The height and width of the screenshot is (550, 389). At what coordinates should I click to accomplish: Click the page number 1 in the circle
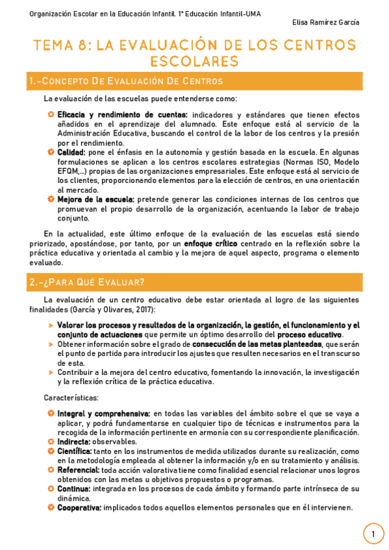click(x=373, y=534)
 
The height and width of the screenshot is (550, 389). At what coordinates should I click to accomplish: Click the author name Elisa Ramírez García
click(x=326, y=23)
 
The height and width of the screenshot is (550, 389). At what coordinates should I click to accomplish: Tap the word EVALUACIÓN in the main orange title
click(x=166, y=45)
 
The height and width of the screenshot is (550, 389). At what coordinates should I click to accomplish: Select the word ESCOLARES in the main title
click(x=194, y=62)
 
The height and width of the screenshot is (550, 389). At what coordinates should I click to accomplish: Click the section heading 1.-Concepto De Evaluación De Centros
click(x=126, y=81)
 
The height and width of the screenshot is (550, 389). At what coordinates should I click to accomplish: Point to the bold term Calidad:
click(x=71, y=152)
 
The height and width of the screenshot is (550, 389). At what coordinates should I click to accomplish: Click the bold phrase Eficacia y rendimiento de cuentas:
click(x=122, y=115)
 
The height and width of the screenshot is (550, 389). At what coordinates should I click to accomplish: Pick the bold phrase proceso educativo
click(x=309, y=334)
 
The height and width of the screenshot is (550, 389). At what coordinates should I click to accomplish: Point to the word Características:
click(x=71, y=397)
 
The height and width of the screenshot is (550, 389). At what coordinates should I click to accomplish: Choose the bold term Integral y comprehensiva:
click(x=104, y=413)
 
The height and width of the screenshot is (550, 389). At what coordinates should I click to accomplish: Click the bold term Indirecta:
click(x=73, y=441)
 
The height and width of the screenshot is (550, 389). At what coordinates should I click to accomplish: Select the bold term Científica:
click(x=74, y=451)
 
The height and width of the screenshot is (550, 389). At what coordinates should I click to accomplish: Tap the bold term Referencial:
click(x=78, y=470)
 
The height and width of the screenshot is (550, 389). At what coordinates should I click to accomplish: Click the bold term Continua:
click(x=74, y=488)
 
